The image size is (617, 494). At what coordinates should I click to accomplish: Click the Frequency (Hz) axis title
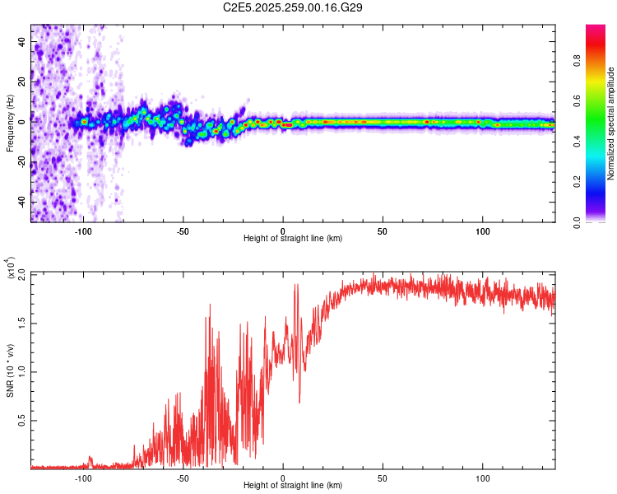[10, 123]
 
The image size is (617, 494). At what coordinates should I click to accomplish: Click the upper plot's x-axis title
[293, 239]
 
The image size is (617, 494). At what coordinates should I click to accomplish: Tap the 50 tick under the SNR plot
[383, 477]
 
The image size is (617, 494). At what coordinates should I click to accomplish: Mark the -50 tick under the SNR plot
[183, 477]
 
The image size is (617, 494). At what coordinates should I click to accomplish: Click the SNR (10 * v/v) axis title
[10, 370]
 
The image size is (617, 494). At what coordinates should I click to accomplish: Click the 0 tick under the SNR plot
[283, 477]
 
